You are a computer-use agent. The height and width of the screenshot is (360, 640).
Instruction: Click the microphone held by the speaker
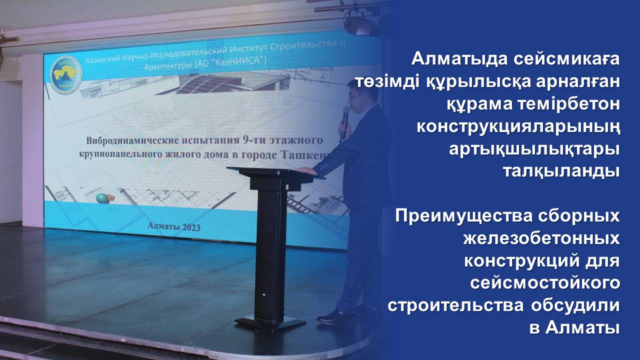pos(344,120)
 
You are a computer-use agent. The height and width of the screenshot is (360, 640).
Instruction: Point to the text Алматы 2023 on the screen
pos(174,226)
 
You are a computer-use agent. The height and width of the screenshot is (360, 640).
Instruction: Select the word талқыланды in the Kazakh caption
pos(560,171)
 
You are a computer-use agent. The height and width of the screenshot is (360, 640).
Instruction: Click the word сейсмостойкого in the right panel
pos(545,283)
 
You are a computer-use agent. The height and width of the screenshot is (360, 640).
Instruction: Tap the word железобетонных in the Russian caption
pos(541,238)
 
